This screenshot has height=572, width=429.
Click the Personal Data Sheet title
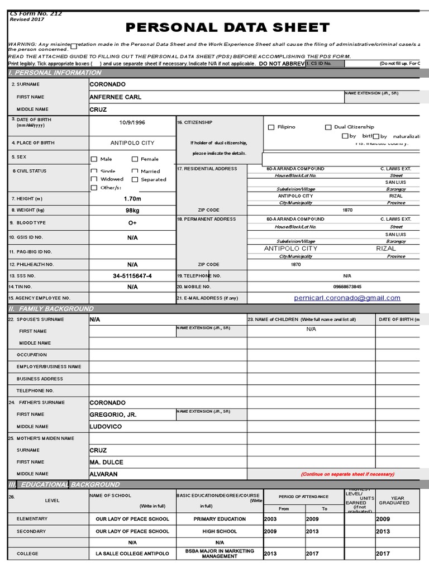point(227,28)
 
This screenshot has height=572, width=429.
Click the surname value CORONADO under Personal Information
point(108,84)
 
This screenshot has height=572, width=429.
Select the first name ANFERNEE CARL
point(116,97)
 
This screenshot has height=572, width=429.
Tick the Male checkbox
point(94,159)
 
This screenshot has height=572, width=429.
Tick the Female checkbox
point(135,159)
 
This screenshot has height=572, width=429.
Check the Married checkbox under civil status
point(135,171)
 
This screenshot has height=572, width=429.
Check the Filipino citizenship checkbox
point(271,127)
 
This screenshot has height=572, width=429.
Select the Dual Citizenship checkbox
point(328,127)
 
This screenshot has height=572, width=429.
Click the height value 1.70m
point(132,199)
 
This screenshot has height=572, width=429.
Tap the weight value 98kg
point(132,211)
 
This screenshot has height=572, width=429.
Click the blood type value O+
point(132,223)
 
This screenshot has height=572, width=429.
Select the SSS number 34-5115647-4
point(132,276)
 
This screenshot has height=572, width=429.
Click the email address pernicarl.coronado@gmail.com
point(347,298)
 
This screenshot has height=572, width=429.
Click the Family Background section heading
point(51,309)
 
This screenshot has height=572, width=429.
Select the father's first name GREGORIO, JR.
point(113,415)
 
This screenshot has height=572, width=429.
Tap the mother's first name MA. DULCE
point(107,463)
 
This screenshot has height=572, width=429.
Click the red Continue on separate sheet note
point(347,474)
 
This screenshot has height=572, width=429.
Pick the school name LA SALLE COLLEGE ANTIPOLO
point(132,554)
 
